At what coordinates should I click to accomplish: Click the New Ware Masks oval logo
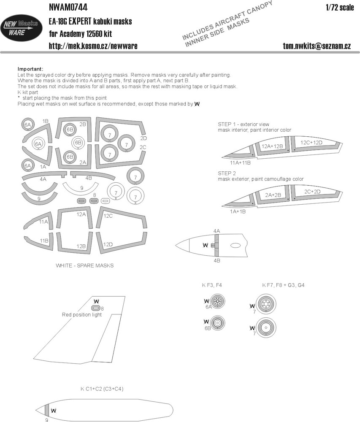coord(21,28)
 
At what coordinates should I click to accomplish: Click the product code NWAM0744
coord(68,7)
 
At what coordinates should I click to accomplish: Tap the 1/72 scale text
coord(340,7)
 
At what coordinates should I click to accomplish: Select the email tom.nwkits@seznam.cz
coord(317,46)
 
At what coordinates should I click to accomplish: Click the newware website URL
coord(93,46)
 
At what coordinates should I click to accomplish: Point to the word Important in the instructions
coord(30,69)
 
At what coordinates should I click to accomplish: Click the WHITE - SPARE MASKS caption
coord(85,265)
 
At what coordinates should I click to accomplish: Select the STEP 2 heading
coord(227,173)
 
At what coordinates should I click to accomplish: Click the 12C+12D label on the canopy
coord(311,142)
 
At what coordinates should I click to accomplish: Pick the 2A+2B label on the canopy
coord(273,195)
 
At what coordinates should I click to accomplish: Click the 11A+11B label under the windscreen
coord(240,163)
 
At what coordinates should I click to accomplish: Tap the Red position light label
coord(82,315)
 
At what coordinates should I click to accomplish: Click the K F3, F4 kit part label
coord(212,285)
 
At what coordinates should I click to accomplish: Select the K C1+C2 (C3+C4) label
coord(102,389)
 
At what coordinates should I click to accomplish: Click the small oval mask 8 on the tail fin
coord(96,308)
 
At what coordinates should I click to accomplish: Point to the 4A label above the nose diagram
coord(217,231)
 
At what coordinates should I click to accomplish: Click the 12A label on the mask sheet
coord(81,214)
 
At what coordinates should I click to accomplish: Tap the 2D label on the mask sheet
coord(143,138)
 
